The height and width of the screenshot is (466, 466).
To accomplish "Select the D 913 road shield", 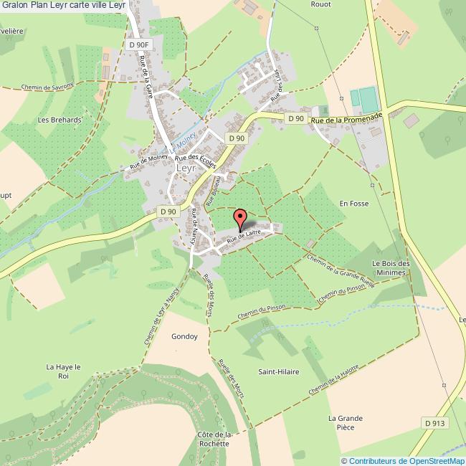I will point(434,424).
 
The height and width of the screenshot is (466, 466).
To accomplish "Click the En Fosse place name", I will point(353,204).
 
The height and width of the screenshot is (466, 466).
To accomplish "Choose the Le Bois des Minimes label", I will point(389,267).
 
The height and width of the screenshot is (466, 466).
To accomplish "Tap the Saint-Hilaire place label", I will point(279,372).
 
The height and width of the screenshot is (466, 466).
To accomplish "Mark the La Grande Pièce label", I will point(346,423).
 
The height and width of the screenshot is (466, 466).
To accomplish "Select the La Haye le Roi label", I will point(62,371).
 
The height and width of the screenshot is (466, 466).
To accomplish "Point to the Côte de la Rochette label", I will point(213,439).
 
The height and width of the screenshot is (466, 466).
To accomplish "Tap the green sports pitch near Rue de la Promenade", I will point(363,99).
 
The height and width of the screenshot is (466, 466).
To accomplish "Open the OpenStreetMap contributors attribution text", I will point(402,460).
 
